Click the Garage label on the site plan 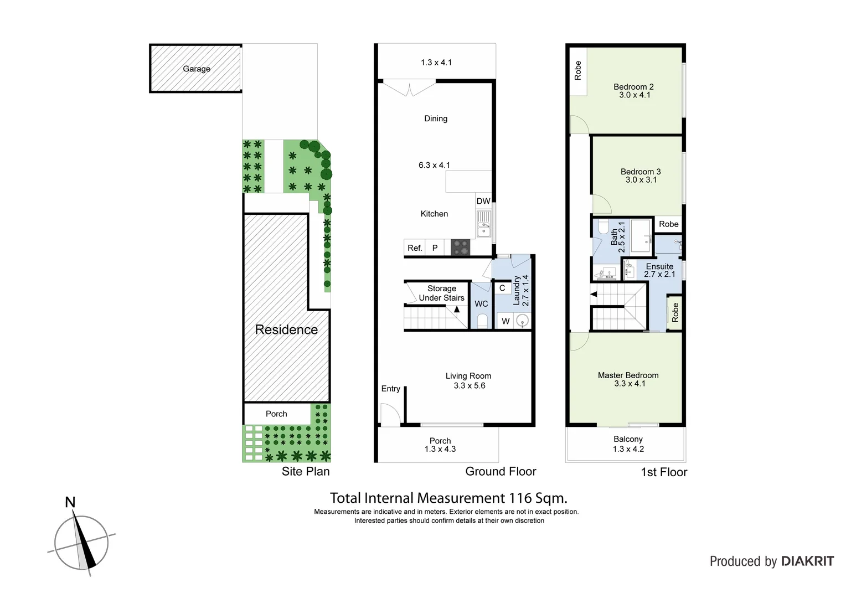coord(197,69)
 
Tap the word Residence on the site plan coord(286,329)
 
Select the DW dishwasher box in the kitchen coord(483,201)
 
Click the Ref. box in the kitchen coord(415,248)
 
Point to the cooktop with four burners coord(461,248)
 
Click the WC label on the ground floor coord(481,304)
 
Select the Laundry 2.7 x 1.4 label coord(521,291)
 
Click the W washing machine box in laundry coord(505,321)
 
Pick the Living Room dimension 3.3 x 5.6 coord(469,385)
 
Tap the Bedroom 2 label coord(633,86)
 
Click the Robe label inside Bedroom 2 coord(578,70)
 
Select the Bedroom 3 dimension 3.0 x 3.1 coord(641,180)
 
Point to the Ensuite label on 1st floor coord(659,266)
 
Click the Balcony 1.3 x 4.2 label coord(628,444)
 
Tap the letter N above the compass coord(70,502)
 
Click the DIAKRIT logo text coord(807,561)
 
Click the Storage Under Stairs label coord(441,293)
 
